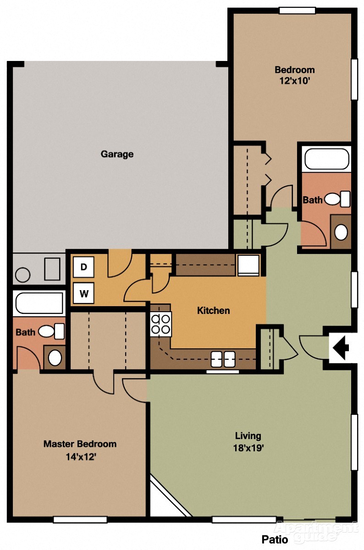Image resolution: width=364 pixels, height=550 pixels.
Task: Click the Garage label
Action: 117,154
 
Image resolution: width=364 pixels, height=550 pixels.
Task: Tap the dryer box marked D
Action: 83,267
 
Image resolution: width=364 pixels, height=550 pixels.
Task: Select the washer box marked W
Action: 83,293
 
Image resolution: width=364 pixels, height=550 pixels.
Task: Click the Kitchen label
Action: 213,311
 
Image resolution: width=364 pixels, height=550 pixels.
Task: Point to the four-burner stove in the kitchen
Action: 161,324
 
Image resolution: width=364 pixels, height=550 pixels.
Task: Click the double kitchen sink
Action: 223,359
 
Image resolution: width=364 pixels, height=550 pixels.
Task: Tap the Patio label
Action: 275,539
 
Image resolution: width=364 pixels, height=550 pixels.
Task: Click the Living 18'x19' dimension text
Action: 248,448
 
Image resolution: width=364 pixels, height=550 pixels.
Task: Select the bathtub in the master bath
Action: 39,302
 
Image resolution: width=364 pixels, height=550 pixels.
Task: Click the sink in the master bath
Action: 55,357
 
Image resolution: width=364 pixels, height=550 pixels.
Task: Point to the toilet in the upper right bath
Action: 337,199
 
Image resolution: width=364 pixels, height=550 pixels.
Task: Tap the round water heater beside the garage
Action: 22,275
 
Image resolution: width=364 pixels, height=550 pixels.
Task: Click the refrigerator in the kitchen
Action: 248,265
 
